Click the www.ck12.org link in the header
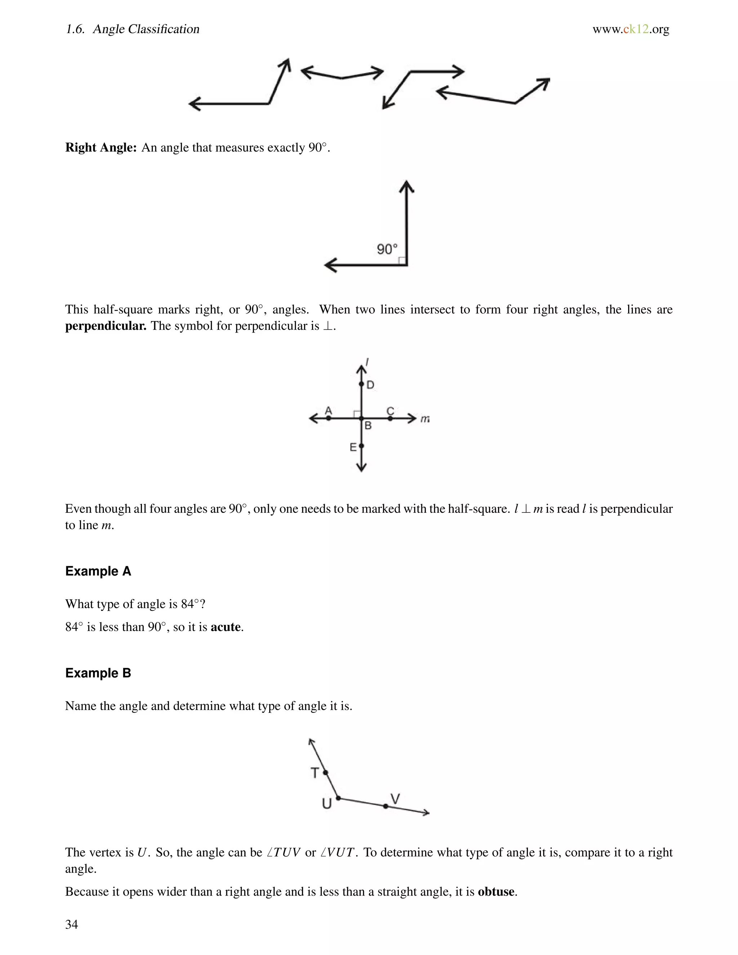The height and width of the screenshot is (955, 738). tap(631, 29)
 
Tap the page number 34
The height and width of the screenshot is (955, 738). tap(72, 924)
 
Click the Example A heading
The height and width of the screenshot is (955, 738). tap(98, 571)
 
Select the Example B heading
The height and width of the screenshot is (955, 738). tap(98, 673)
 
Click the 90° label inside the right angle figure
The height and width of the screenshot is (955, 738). tap(387, 249)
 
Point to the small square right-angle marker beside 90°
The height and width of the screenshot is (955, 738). tap(402, 261)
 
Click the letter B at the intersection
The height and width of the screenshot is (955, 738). tap(368, 426)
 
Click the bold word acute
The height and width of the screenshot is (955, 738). tap(226, 627)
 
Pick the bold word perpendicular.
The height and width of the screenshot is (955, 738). tap(105, 326)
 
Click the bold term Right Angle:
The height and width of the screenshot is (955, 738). tap(101, 147)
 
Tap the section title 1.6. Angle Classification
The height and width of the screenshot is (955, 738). tap(133, 29)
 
